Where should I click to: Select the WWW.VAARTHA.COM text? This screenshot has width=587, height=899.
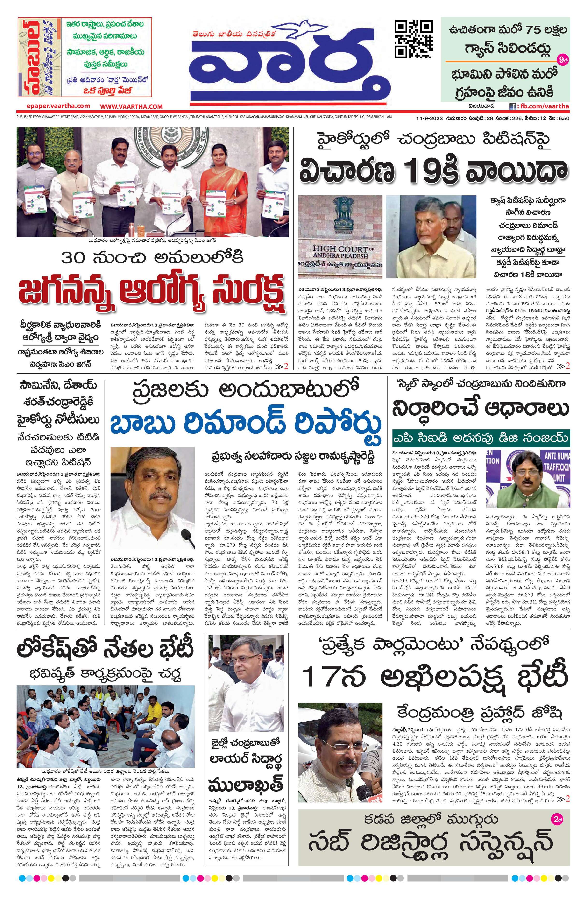[x=131, y=106]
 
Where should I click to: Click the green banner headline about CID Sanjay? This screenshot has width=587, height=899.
[x=481, y=438]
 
